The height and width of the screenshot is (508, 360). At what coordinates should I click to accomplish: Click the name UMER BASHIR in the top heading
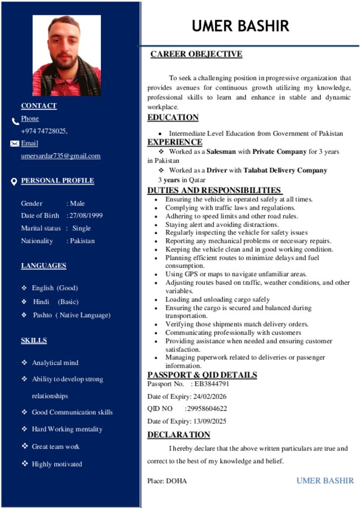click(240, 26)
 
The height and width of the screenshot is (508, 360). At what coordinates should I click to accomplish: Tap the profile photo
click(67, 55)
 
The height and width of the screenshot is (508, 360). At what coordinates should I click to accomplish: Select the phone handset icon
click(15, 121)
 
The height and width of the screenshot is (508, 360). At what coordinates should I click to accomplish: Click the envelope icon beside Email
click(14, 143)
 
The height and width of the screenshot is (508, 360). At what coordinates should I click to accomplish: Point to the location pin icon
click(14, 182)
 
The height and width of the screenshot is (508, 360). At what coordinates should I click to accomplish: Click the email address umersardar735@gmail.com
click(61, 156)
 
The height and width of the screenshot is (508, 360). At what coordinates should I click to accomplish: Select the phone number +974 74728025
click(43, 131)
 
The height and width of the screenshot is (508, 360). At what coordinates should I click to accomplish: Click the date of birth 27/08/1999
click(86, 215)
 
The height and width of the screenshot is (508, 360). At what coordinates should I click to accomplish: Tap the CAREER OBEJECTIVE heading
click(196, 54)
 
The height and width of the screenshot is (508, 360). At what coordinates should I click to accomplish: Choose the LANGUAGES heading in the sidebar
click(43, 265)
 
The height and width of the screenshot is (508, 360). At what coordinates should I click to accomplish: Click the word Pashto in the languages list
click(42, 315)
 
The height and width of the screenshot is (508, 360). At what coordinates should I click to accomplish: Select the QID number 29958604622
click(206, 408)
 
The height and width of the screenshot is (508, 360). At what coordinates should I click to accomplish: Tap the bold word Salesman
click(221, 151)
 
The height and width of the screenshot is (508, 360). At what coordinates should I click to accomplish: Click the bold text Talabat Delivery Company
click(285, 170)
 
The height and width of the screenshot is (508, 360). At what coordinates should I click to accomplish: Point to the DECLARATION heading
click(179, 435)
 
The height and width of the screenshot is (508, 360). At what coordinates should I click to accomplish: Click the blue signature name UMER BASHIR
click(325, 480)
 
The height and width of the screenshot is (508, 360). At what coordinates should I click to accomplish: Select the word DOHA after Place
click(177, 481)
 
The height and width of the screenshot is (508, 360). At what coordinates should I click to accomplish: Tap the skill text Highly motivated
click(57, 464)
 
